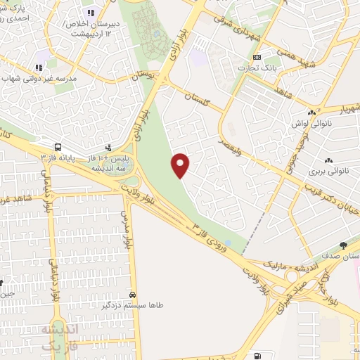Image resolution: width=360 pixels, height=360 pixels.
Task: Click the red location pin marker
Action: click(181, 165)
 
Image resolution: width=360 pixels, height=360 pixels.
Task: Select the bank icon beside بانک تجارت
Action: click(257, 58)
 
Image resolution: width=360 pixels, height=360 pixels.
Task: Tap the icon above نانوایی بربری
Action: click(328, 159)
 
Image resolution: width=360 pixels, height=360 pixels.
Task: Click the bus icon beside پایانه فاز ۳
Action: click(57, 148)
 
